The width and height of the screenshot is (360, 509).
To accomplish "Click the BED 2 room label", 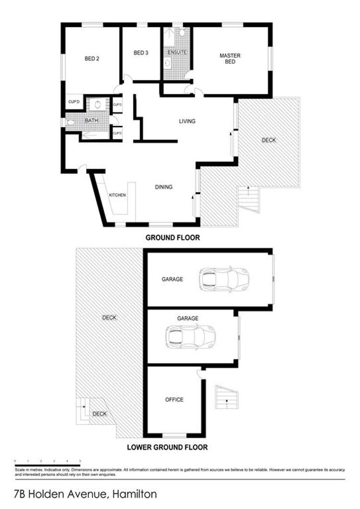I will [92, 59].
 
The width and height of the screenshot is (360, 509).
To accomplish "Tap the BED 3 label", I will [140, 53].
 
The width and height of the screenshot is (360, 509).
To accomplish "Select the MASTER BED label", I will [230, 59].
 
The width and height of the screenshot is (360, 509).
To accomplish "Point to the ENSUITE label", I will [176, 52].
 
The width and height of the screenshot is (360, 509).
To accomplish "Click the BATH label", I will [91, 121].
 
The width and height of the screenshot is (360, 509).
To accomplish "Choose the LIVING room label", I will [187, 121].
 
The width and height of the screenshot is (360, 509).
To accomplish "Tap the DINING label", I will [163, 187].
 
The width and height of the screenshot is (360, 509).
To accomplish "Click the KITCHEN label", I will [117, 195].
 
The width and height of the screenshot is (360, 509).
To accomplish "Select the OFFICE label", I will [174, 400].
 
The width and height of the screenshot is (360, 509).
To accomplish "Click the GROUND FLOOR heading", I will [173, 237].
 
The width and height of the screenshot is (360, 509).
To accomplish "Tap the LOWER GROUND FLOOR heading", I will [167, 447].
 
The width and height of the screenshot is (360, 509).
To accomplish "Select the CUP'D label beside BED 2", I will [74, 102].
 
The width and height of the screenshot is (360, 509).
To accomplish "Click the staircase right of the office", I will [226, 397].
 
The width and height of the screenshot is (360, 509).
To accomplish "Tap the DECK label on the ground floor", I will [269, 140].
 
